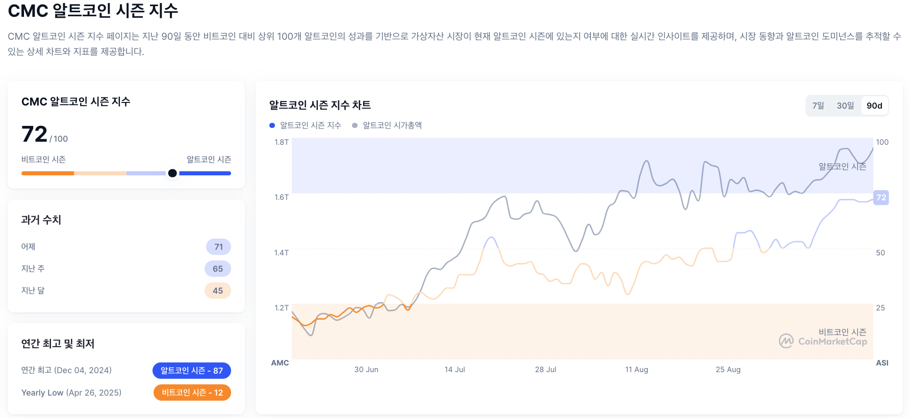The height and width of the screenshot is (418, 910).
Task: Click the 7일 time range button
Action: (x=818, y=106)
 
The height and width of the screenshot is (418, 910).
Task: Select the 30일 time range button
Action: (x=845, y=106)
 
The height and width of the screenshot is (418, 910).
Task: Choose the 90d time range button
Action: (x=874, y=106)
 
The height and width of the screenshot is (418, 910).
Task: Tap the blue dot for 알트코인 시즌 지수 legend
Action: (x=272, y=125)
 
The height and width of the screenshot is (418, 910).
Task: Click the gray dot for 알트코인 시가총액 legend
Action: (x=355, y=125)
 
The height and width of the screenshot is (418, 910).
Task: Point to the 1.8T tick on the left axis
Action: (x=282, y=142)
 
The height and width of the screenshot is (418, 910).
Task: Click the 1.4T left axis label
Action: (x=282, y=253)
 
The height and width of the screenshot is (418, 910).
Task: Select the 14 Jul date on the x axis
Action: (x=454, y=370)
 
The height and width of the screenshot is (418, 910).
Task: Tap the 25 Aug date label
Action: (x=728, y=370)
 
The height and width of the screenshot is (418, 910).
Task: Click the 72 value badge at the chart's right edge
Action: (x=881, y=198)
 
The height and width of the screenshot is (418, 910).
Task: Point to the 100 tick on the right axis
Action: (x=882, y=142)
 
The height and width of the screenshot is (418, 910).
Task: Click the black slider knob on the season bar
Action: (x=172, y=173)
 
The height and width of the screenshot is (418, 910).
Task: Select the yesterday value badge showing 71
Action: (x=218, y=247)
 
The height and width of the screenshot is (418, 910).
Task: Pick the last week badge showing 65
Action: (x=218, y=269)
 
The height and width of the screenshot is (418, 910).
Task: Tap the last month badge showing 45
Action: (x=218, y=291)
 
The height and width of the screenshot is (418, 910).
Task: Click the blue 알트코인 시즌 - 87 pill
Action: (x=192, y=371)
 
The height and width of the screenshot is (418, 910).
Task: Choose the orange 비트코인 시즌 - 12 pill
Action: (x=192, y=393)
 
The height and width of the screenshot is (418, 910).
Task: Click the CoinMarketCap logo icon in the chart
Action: (x=786, y=341)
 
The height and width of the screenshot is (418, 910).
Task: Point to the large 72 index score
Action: (x=34, y=134)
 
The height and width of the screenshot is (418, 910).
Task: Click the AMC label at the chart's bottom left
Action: (x=280, y=363)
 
